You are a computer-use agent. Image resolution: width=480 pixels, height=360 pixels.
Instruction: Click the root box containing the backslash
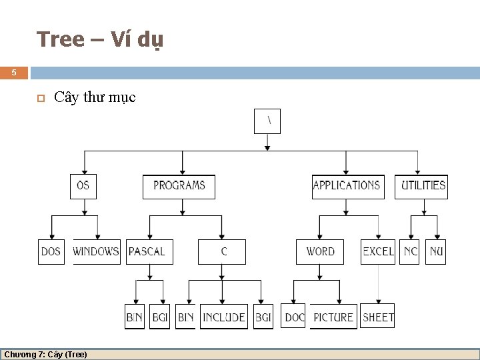tap(267, 121)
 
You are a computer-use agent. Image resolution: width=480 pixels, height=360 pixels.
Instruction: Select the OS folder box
tap(83, 186)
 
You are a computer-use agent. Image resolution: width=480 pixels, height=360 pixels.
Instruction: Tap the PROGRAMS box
tap(179, 186)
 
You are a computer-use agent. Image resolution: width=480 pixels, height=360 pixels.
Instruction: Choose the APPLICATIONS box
tap(347, 186)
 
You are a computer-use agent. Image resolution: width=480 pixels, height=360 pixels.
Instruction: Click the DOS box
tap(51, 252)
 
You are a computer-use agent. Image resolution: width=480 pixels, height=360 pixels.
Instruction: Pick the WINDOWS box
tap(96, 252)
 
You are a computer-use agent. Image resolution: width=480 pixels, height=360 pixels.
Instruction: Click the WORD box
tap(320, 252)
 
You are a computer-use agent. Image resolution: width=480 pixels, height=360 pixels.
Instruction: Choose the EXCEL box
tap(378, 252)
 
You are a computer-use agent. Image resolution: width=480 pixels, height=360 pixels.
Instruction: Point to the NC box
tap(410, 252)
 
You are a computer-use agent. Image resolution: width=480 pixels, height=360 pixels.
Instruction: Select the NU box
tap(436, 252)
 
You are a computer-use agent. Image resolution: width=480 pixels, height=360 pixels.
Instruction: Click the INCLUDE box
tap(224, 317)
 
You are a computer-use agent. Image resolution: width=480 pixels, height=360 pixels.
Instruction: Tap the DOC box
tap(294, 317)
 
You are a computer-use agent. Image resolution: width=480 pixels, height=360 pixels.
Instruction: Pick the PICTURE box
tap(333, 317)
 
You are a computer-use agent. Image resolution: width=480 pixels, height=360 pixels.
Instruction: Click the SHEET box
tap(378, 317)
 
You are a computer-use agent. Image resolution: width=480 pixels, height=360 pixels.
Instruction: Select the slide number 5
tap(14, 73)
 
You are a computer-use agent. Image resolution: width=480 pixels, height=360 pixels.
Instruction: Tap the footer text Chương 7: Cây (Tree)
tap(45, 355)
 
